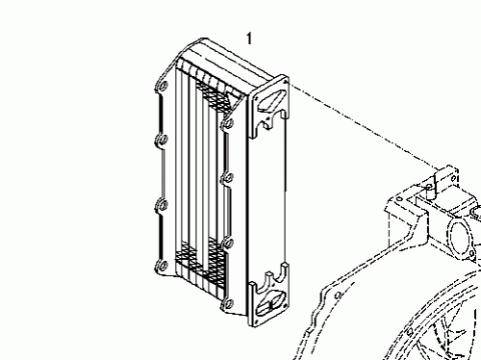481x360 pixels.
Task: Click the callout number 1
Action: [249, 39]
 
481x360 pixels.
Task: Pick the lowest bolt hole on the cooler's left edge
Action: [161, 266]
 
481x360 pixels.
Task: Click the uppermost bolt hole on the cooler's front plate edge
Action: [228, 122]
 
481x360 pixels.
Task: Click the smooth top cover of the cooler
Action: [231, 58]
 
